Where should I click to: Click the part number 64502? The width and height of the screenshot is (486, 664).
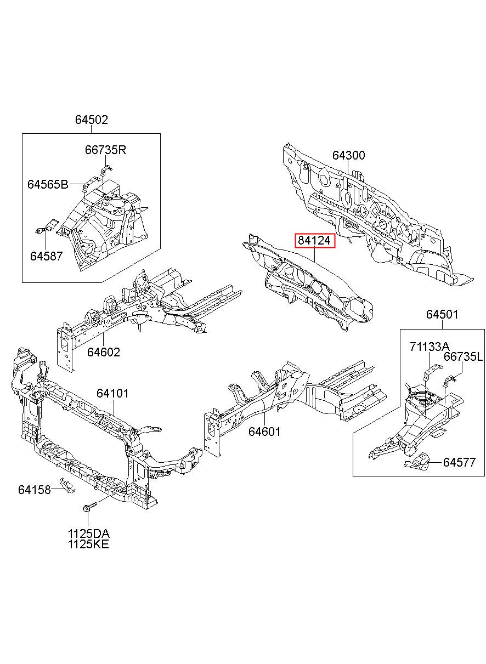(92, 120)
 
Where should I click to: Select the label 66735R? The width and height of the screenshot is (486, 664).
(105, 150)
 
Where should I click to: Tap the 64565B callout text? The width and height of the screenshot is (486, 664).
(48, 185)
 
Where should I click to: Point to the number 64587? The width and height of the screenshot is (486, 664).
(46, 256)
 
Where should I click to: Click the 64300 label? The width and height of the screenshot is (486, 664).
(348, 155)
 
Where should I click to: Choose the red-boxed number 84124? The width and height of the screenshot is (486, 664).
(315, 240)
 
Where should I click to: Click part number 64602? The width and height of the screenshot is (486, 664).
(103, 351)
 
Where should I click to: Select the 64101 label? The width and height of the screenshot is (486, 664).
(112, 393)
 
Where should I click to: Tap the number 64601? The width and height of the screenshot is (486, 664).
(264, 432)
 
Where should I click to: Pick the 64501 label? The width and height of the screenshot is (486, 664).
(442, 314)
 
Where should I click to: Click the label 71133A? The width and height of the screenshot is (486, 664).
(430, 346)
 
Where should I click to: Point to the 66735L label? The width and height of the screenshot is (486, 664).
(463, 357)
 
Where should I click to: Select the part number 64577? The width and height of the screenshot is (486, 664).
(460, 462)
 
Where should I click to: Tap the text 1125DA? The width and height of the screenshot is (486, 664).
(89, 534)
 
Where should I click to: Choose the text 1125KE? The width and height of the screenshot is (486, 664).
(89, 544)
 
